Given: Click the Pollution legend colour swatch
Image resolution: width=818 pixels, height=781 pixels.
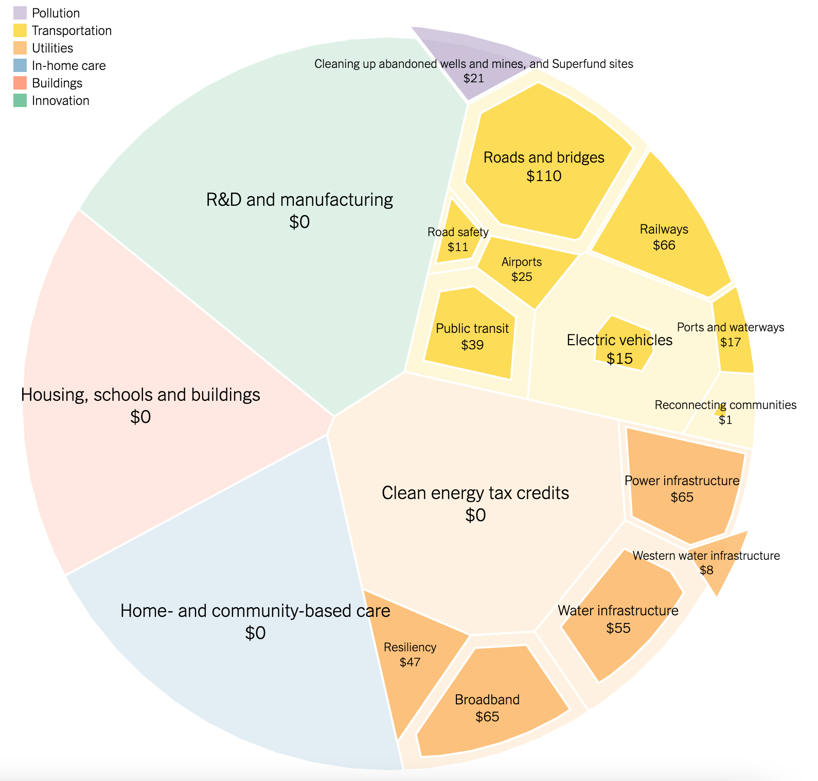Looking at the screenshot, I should tap(20, 13).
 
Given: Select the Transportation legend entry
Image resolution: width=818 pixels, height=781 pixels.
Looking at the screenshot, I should tap(72, 30).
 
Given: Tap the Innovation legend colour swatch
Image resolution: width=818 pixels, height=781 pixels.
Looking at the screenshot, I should tap(20, 100).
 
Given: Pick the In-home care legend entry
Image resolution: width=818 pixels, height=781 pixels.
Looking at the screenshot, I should tap(68, 65).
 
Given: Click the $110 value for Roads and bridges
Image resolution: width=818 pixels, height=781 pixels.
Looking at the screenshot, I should tap(544, 176).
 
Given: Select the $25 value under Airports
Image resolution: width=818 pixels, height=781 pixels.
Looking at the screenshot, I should tap(522, 277).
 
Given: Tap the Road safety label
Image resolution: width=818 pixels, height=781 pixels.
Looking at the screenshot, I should tap(458, 232).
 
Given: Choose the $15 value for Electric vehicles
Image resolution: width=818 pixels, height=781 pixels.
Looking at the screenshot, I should tap(619, 359).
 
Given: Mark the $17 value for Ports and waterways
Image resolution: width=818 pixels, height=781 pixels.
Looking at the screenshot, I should tap(731, 342).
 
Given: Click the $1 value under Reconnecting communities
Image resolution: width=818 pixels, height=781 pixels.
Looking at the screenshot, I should tap(725, 420).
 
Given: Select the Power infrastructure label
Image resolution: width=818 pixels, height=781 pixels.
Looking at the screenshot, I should tap(682, 481).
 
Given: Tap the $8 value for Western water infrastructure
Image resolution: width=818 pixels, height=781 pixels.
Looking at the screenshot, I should tap(707, 570).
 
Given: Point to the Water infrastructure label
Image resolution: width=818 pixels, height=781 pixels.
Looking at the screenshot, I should tap(618, 611).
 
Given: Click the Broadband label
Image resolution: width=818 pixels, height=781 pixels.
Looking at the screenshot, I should tap(487, 700).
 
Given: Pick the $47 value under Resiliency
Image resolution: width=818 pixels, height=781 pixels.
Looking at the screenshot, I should tap(410, 662).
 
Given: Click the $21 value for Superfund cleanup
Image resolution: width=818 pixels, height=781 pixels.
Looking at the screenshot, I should tap(473, 78).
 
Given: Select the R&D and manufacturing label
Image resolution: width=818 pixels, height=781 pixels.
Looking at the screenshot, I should tap(299, 199).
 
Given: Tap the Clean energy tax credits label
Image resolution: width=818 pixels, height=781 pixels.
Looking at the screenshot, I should tap(475, 493).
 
